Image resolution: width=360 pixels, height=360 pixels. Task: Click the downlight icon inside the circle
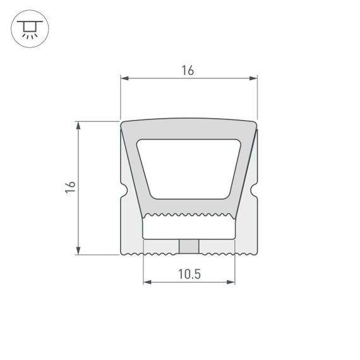(x=29, y=29)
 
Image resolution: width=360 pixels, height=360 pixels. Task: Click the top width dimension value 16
(x=188, y=71)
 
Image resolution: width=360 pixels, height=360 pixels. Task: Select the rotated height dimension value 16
(x=71, y=187)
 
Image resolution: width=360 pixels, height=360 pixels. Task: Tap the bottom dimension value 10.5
(x=189, y=273)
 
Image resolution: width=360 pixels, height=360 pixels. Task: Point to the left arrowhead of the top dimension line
(x=124, y=79)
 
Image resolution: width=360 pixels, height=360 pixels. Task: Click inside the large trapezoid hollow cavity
(x=189, y=167)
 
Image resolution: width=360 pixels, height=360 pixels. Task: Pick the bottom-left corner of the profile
(x=121, y=254)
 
